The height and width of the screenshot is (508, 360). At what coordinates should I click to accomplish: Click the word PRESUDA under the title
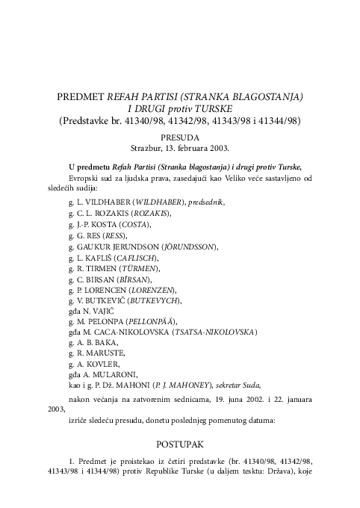point(179,137)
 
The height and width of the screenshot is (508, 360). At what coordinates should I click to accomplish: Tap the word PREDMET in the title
point(81,97)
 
